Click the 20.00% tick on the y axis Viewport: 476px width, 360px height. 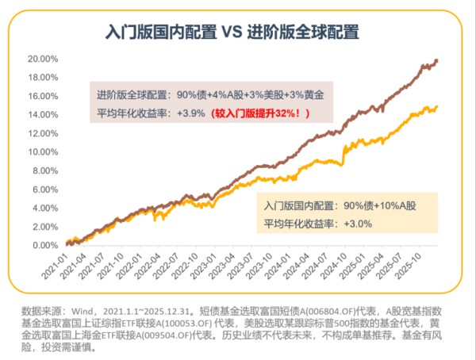tap(43, 59)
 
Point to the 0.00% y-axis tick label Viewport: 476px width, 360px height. tap(45, 246)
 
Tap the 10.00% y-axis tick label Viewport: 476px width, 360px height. tap(43, 152)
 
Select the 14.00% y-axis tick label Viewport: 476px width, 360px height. tap(43, 115)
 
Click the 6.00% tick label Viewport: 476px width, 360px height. tap(45, 190)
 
